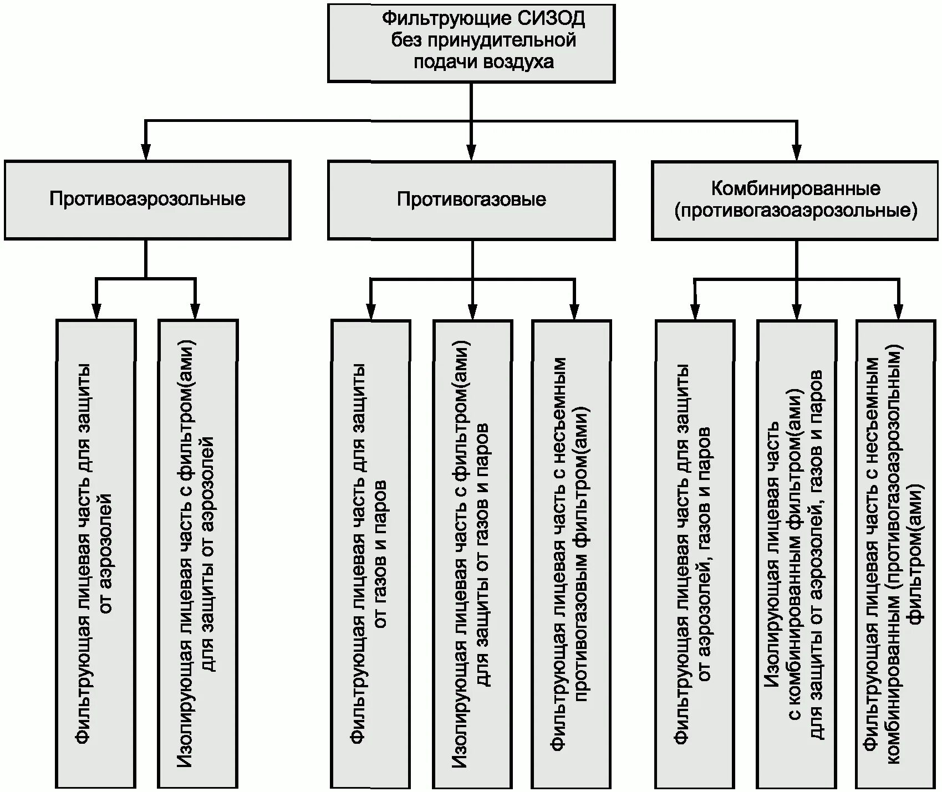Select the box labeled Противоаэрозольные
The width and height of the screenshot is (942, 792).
(x=147, y=200)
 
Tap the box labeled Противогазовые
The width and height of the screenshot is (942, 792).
(x=471, y=200)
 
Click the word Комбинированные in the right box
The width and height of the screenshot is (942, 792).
(x=796, y=188)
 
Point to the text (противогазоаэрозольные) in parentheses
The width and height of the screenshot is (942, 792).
(x=796, y=211)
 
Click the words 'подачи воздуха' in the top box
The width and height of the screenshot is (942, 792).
(x=483, y=62)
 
